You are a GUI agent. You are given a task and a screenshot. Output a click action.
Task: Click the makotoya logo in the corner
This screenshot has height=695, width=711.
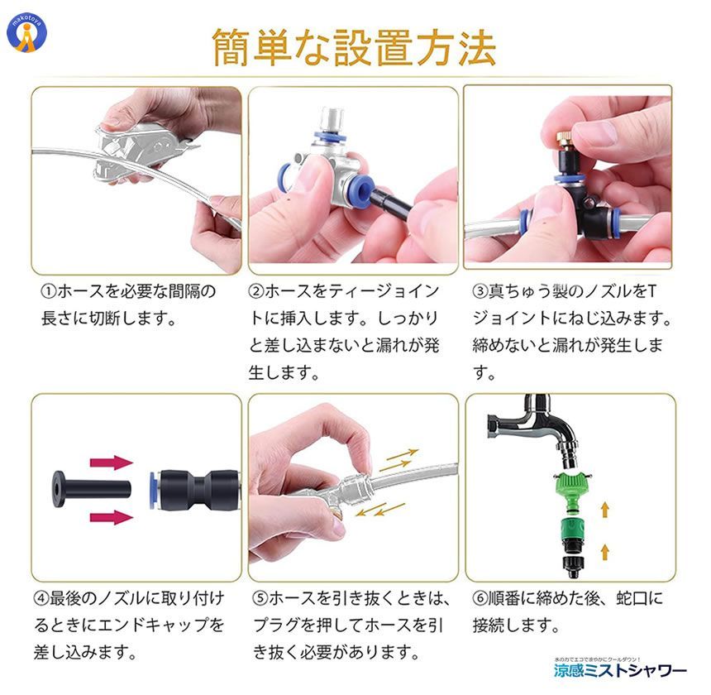pos(26,31)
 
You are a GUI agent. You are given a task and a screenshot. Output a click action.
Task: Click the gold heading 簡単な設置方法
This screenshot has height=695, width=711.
pos(355,47)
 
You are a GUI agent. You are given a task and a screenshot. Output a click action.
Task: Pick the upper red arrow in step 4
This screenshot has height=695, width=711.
pos(111,463)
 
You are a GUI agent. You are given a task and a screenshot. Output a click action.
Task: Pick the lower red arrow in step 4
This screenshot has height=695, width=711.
pos(111,517)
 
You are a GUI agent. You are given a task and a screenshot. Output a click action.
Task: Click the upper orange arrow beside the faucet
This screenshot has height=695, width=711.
pos(606,507)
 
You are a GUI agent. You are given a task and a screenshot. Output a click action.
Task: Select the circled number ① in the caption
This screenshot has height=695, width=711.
pos(50,292)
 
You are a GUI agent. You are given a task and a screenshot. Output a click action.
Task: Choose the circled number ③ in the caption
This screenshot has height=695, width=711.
pos(480,292)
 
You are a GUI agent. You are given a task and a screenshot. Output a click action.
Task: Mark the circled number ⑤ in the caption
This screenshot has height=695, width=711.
pos(258,597)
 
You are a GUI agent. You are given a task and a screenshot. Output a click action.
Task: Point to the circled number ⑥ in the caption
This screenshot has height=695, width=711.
pos(480,597)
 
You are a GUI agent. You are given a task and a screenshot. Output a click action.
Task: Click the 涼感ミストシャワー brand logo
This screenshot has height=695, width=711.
pos(619,669)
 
